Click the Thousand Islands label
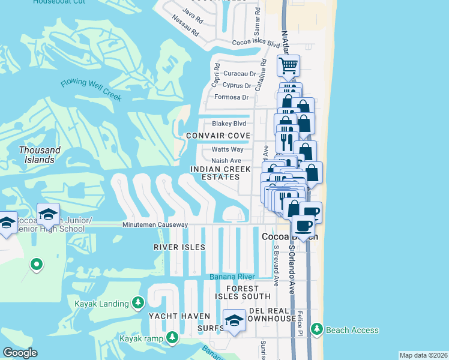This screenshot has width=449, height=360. tap(39, 155)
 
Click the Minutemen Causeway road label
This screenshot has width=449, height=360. tap(155, 225)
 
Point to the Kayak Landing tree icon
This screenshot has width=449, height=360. tap(139, 302)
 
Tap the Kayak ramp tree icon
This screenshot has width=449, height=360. tap(173, 339)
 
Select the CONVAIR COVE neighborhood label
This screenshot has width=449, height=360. tap(217, 136)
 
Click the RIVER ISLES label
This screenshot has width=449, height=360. tap(179, 247)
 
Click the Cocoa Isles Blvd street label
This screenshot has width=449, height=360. tap(256, 44)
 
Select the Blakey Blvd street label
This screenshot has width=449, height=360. tap(229, 124)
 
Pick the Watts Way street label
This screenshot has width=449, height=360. tap(228, 149)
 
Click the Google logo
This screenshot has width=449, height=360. tap(20, 353)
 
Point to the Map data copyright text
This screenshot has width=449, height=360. tap(423, 355)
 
